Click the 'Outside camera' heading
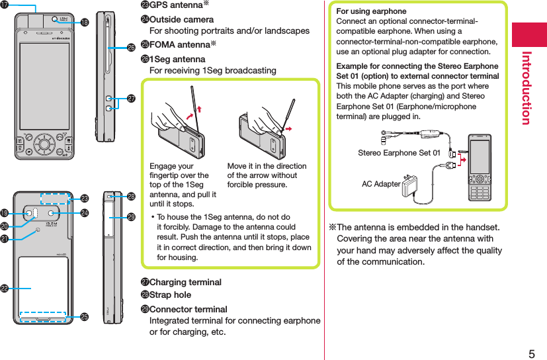176,20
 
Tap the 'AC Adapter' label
381,184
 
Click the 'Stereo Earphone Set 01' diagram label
399,153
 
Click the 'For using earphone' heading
371,11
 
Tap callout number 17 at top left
6,6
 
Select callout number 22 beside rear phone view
6,289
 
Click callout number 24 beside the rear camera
85,212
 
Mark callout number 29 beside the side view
131,217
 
